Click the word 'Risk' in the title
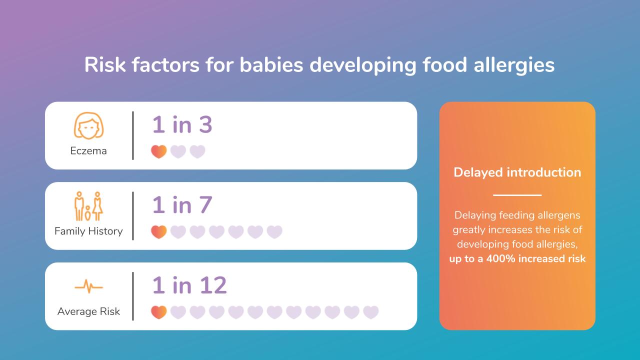coord(105,64)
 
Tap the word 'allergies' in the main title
coord(514,65)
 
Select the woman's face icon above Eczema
coord(88,125)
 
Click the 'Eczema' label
coord(88,151)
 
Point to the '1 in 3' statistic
coord(182,124)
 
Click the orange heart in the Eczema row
coord(159,151)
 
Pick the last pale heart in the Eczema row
coord(197,151)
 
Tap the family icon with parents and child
coord(88,206)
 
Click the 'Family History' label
coord(88,231)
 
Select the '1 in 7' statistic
coord(182,205)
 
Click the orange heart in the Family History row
coord(159,231)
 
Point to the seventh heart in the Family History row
coord(274,231)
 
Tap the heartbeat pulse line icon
coord(88,286)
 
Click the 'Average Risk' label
coord(88,311)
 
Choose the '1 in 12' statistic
coord(189,285)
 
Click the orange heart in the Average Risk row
coord(159,312)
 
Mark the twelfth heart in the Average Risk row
coord(371,312)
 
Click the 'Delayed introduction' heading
coord(517,172)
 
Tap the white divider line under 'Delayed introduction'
coord(517,195)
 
